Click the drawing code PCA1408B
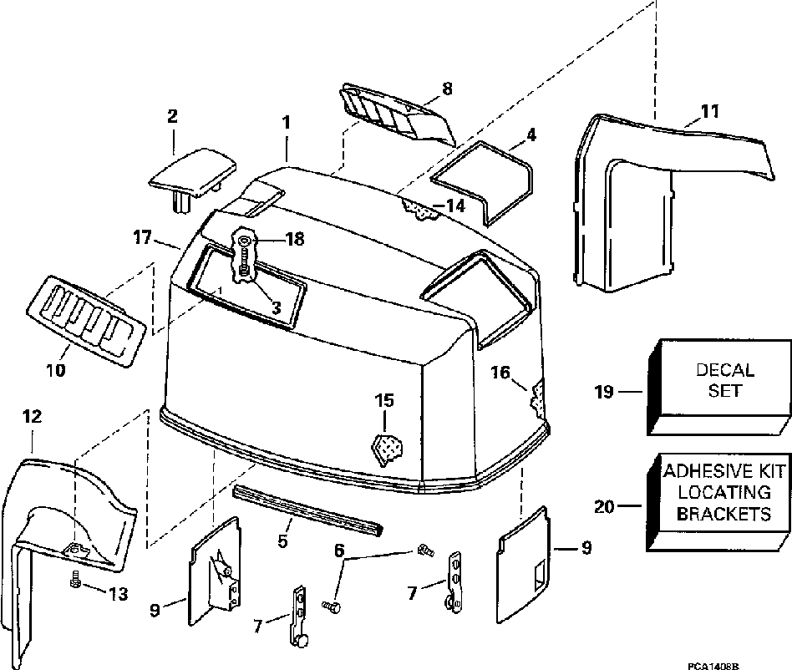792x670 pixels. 713,664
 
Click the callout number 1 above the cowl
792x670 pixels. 286,122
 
